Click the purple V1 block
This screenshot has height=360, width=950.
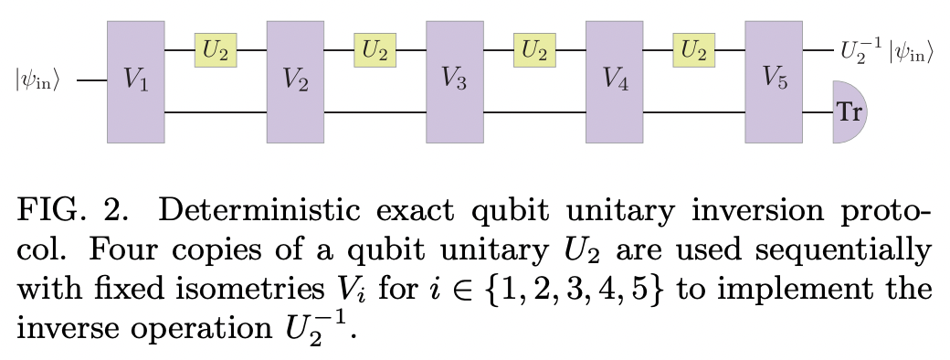(x=136, y=80)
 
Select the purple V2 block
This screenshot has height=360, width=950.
(x=295, y=80)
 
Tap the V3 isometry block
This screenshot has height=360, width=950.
(x=455, y=80)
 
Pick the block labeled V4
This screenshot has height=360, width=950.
(x=615, y=80)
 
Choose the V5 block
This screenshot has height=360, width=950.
(x=774, y=80)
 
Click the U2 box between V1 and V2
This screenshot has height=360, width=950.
(x=216, y=51)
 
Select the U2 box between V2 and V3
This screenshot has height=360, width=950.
(x=375, y=51)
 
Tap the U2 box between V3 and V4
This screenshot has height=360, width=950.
(x=534, y=51)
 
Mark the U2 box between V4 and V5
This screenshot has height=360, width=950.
(x=693, y=51)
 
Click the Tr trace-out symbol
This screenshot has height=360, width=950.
(x=849, y=112)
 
